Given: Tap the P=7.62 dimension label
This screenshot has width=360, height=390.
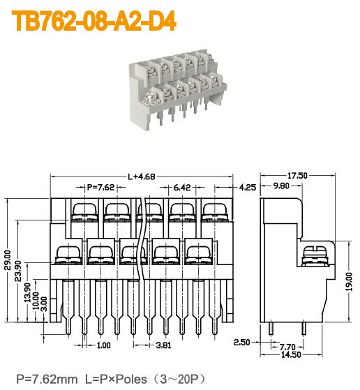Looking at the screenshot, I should [100, 188].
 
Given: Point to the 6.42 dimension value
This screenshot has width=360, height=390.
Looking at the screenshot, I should [181, 188].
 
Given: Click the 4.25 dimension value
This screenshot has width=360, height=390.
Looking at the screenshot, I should [248, 188].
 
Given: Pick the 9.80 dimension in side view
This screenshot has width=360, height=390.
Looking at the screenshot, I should [282, 186].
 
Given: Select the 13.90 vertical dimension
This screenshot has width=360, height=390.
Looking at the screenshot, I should [27, 292].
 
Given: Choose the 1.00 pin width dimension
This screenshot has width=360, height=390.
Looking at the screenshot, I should [103, 345].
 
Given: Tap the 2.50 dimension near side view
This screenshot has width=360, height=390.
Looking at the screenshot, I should [243, 343].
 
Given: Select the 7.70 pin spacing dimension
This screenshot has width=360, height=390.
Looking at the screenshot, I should [287, 347].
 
